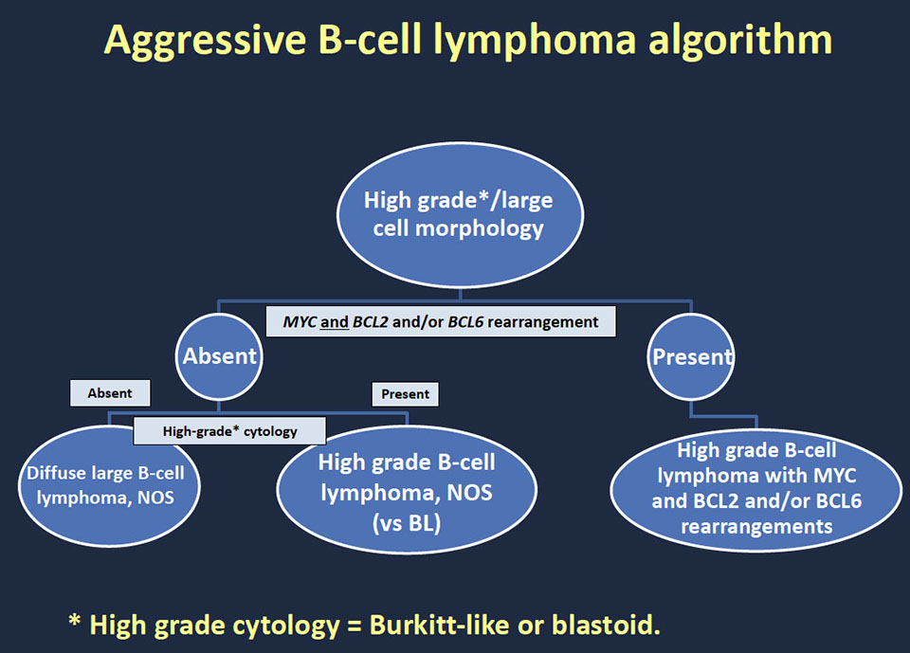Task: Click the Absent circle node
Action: point(220,357)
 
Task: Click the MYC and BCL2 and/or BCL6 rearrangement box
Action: point(441,321)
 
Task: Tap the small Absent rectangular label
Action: point(110,392)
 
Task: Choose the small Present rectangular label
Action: point(405,393)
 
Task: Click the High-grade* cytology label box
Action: point(229,431)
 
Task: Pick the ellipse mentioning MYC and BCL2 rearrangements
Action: point(755,487)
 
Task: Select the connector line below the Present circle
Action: point(720,416)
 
